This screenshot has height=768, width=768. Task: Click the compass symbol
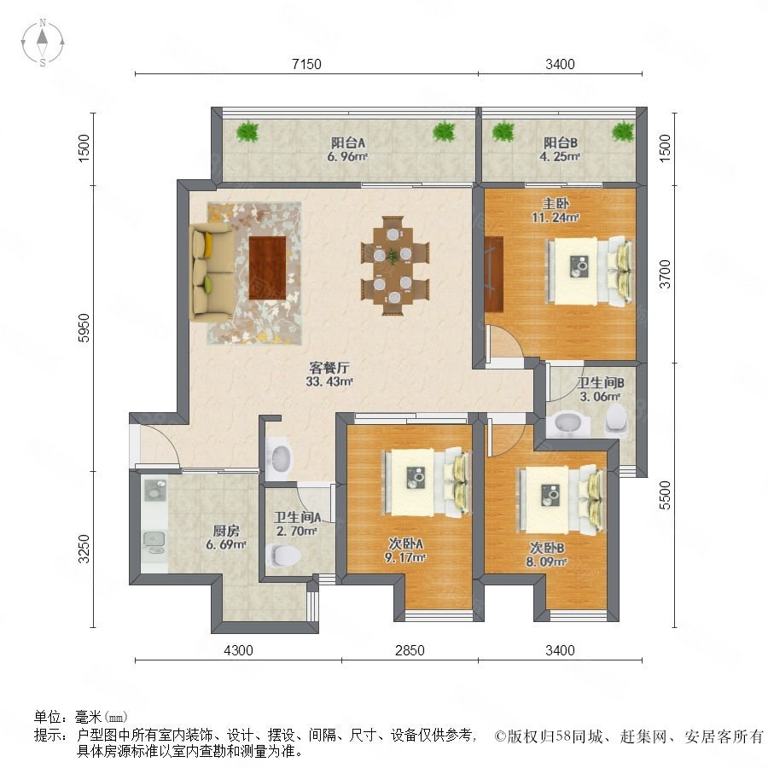[x=43, y=43]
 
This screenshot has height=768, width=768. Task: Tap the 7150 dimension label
[x=306, y=64]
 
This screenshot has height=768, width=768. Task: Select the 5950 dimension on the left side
[x=84, y=329]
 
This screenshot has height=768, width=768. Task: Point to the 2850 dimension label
[x=410, y=650]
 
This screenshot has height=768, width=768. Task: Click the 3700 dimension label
[x=665, y=274]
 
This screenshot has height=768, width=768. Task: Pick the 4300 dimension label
[x=239, y=650]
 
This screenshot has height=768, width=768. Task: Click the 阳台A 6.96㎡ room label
[x=348, y=149]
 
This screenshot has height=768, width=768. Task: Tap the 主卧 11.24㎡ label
[x=556, y=210]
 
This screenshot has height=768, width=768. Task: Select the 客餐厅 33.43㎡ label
[x=329, y=374]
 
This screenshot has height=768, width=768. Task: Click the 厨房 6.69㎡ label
[x=226, y=538]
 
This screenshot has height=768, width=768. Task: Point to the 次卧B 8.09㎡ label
[x=547, y=555]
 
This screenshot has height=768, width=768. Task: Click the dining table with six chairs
[x=395, y=265]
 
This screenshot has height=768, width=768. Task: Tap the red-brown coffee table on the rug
[x=267, y=267]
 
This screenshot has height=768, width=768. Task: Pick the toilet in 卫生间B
[x=617, y=419]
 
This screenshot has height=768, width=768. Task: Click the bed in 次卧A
[x=426, y=482]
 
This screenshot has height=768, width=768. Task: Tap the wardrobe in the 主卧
[x=494, y=273]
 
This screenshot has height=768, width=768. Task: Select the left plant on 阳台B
[x=503, y=131]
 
